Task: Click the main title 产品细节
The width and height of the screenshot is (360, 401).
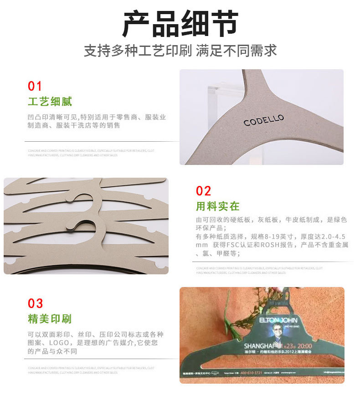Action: coord(180,24)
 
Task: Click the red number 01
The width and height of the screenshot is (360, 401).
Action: coord(35,86)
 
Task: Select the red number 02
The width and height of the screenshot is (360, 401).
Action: coord(204,190)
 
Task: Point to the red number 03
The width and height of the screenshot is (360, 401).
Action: coord(36,303)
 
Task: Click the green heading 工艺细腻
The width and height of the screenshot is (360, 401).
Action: coord(50,101)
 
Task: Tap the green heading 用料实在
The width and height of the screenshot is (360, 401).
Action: coord(218,206)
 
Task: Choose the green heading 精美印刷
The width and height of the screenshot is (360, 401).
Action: coord(50,319)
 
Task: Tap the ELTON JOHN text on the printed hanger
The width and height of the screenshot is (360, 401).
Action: coord(277,321)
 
